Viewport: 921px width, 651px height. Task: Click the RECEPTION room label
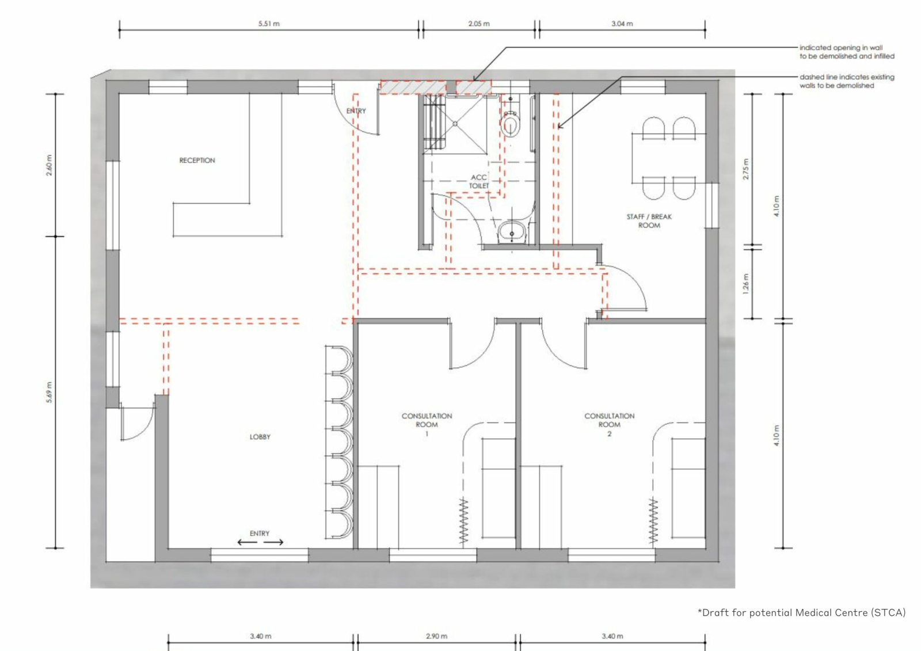coord(197,161)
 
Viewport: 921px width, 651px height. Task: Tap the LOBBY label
coord(260,437)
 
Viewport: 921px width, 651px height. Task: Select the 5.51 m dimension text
coord(269,24)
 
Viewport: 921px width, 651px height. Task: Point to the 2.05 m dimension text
coord(479,24)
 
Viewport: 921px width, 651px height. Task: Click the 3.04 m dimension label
coord(622,24)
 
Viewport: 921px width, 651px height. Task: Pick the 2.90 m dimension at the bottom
coord(436,636)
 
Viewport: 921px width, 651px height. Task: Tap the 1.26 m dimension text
coord(746,284)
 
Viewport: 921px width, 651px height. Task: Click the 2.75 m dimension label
coord(746,169)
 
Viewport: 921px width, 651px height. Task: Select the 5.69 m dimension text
coord(50,393)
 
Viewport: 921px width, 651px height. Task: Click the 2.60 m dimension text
coord(50,165)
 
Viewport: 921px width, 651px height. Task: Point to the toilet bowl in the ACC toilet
coord(510,123)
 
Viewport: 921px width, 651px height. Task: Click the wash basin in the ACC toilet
coord(512,233)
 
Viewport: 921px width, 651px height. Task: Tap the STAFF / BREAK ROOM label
coord(649,221)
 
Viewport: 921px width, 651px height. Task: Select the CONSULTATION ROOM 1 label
coord(427,424)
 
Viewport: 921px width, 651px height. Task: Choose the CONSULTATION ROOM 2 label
coord(610,424)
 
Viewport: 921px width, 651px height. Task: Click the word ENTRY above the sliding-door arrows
coord(260,534)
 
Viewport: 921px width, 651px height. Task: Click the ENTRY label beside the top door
coord(356,111)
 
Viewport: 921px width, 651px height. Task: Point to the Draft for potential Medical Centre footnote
coord(802,613)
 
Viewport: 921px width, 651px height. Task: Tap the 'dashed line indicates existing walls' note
coord(847,81)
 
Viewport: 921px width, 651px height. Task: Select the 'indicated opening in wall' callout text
coord(847,52)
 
